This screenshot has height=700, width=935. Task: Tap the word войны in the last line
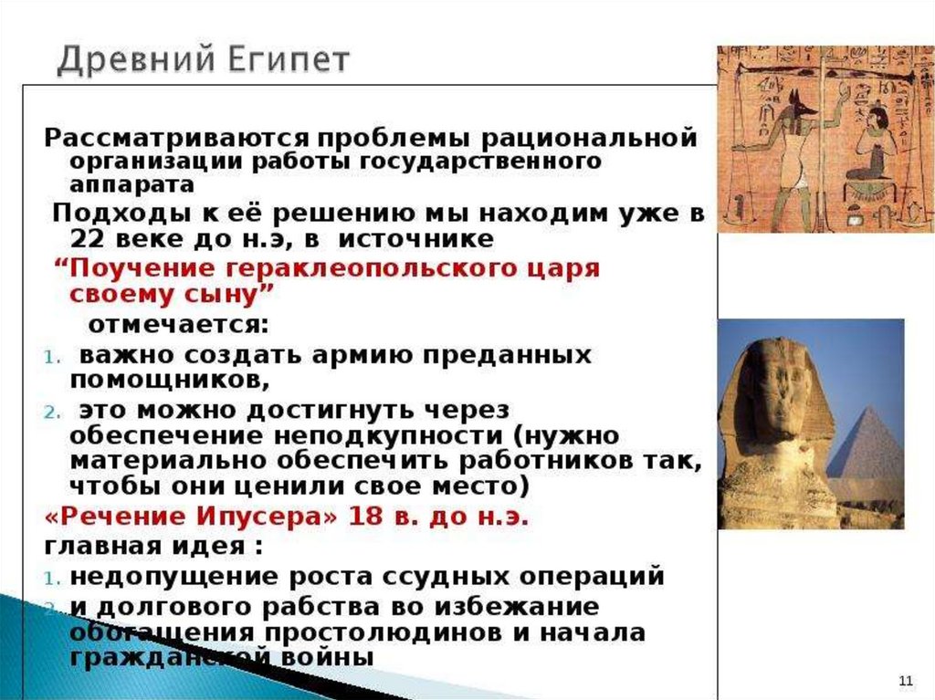pyautogui.click(x=320, y=657)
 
